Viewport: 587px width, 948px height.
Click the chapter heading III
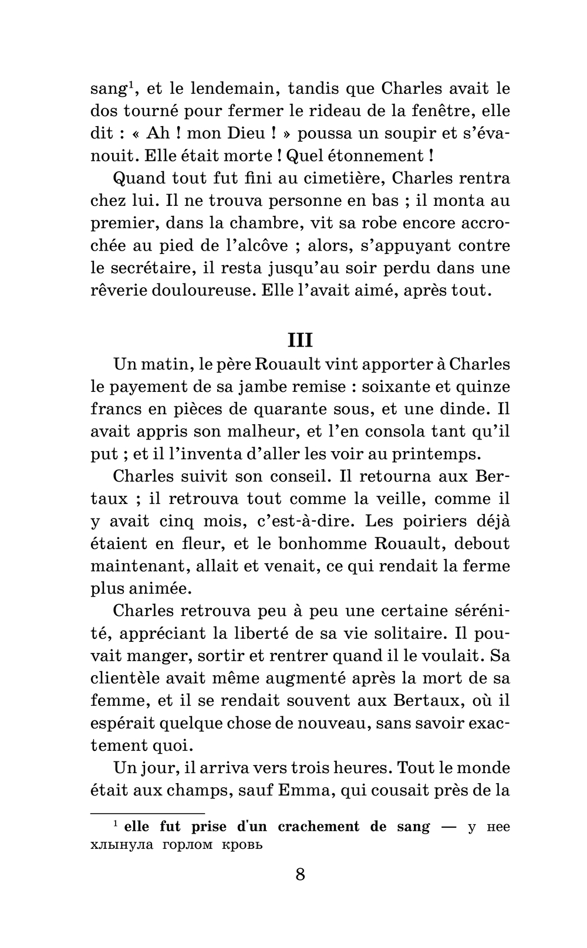pos(300,340)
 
